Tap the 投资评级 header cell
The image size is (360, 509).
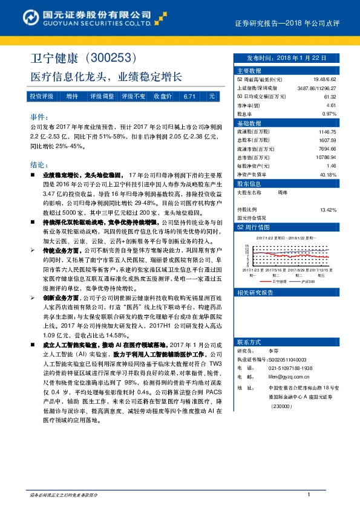42,96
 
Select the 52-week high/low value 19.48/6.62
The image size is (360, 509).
324,79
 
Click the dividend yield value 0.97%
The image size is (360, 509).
329,114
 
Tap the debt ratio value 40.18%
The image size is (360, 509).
327,174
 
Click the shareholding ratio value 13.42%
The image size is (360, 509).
327,210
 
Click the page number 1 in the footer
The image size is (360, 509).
309,495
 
